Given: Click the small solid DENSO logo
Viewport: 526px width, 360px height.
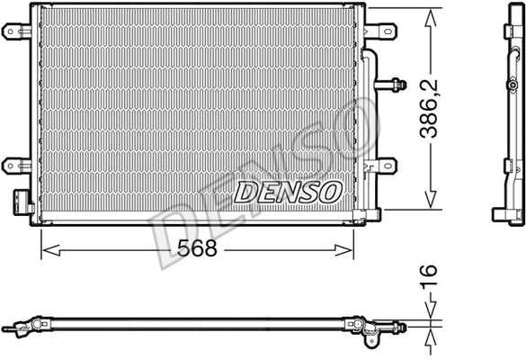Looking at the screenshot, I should tap(288, 191).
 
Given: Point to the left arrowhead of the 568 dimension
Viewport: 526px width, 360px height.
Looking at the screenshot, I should tap(46, 249).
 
